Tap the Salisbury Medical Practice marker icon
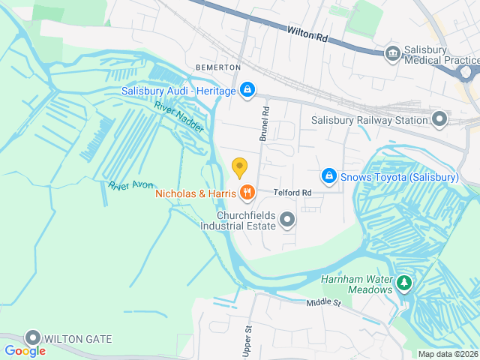click(x=392, y=53)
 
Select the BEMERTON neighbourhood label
click(x=218, y=67)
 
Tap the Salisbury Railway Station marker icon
click(x=439, y=119)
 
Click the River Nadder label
click(x=179, y=117)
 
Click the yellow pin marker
click(x=240, y=167)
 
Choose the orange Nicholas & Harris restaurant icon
click(x=247, y=193)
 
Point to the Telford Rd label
click(x=292, y=193)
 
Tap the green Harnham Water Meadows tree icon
click(x=404, y=283)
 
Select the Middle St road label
click(x=323, y=303)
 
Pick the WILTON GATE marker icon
click(x=33, y=338)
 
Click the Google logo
click(x=25, y=350)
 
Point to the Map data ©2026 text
click(x=447, y=355)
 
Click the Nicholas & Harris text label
click(x=196, y=194)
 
